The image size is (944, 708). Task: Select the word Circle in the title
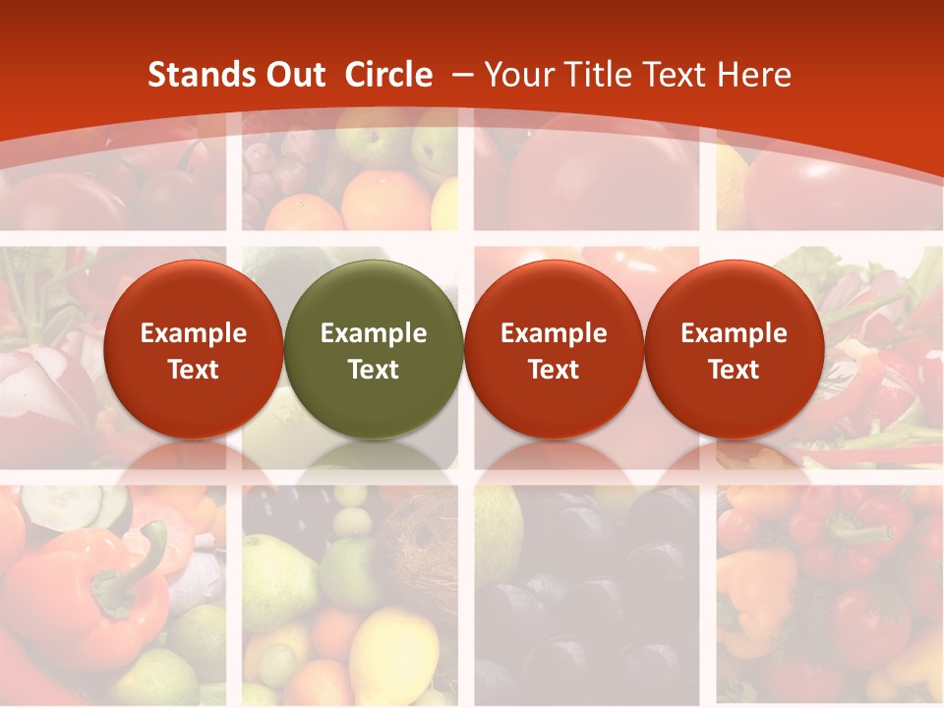(x=388, y=75)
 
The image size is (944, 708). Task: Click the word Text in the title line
(x=672, y=75)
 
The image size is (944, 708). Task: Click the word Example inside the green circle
(x=373, y=333)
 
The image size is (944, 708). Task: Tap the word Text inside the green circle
(x=373, y=370)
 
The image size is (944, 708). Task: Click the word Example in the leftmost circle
(x=193, y=333)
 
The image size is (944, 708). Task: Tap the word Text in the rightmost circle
(x=734, y=370)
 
